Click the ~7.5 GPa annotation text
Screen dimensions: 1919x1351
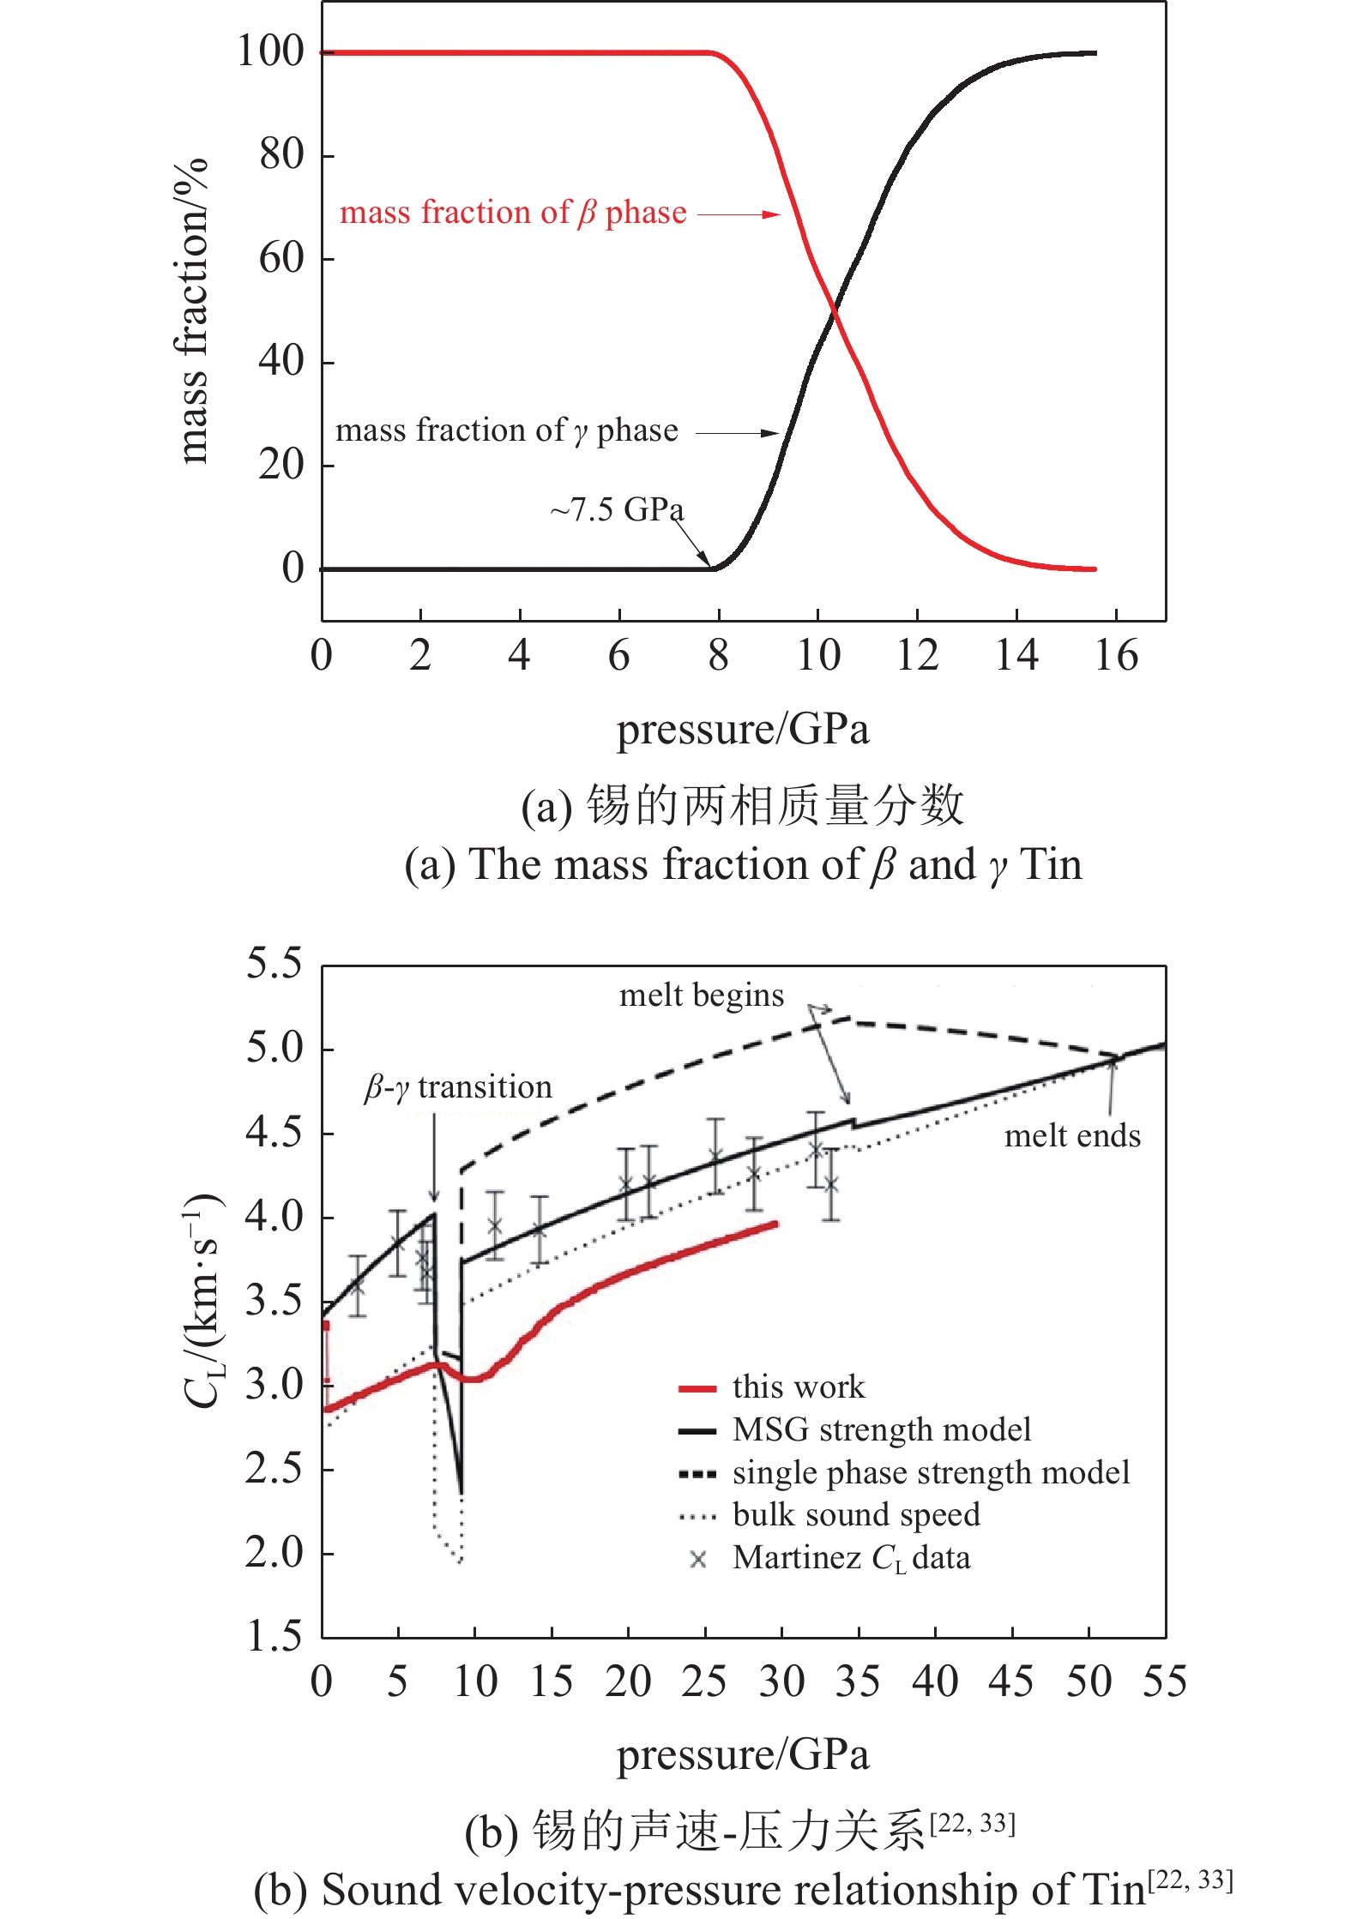(x=617, y=510)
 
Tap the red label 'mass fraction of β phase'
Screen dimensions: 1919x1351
(x=513, y=213)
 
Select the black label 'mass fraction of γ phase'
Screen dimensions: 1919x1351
(x=506, y=430)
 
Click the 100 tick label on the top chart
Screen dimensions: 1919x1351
(x=270, y=51)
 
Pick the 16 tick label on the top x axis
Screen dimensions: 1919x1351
(x=1116, y=656)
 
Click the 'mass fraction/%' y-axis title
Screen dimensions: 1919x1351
(x=192, y=311)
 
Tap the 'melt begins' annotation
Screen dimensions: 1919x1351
(x=701, y=996)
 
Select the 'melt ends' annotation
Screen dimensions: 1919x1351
(x=1072, y=1136)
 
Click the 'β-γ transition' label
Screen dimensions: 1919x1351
(x=458, y=1087)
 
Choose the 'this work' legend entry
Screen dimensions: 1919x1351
(x=798, y=1387)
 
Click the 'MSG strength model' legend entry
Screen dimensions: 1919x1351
(x=881, y=1429)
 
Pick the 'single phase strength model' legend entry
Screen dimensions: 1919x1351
(x=931, y=1472)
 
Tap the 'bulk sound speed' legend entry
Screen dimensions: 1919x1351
(x=855, y=1514)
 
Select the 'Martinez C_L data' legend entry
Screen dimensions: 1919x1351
(x=851, y=1557)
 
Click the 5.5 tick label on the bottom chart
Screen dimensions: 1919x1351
(x=274, y=964)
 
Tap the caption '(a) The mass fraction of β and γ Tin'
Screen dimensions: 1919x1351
(x=743, y=864)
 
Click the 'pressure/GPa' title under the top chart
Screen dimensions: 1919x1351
(x=743, y=730)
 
